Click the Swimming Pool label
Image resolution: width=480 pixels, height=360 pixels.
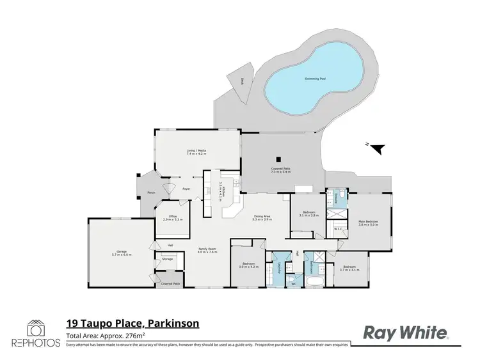tap(314, 79)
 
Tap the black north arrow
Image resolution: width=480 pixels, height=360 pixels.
tap(379, 148)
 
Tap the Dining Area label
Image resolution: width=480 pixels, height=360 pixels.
tap(262, 217)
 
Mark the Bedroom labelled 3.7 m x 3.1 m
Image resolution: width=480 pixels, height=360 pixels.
tap(349, 268)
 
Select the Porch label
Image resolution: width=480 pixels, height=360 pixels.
tap(152, 192)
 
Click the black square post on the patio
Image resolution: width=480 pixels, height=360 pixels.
tap(278, 160)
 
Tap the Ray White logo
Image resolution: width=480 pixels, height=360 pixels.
tap(406, 332)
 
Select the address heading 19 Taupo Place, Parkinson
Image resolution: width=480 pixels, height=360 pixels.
tap(133, 324)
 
